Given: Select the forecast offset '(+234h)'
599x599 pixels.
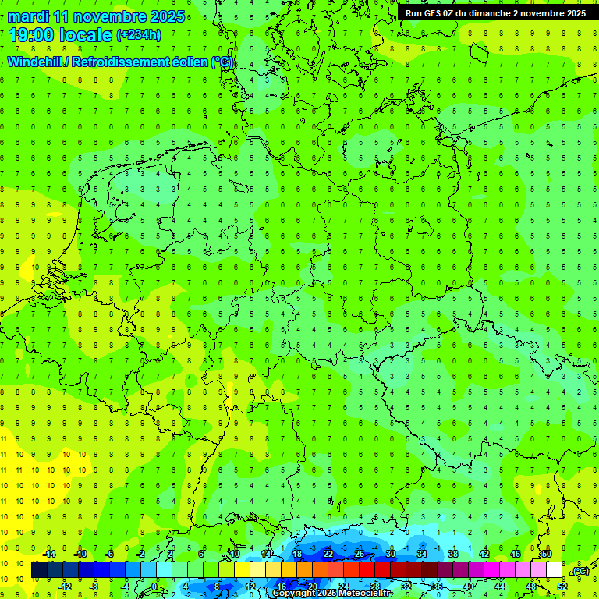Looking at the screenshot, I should pyautogui.click(x=139, y=34).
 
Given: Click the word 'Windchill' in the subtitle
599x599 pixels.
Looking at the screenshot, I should pyautogui.click(x=36, y=62).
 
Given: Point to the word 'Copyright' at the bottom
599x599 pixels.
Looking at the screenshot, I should pyautogui.click(x=293, y=594).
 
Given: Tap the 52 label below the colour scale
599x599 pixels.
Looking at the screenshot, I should pyautogui.click(x=562, y=587).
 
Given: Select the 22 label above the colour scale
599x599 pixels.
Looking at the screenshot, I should pyautogui.click(x=328, y=553).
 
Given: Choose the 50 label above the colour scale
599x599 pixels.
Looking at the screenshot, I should pyautogui.click(x=546, y=553).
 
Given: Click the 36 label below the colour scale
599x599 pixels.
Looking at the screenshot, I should pyautogui.click(x=437, y=587).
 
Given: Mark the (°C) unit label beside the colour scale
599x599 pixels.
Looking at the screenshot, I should pyautogui.click(x=580, y=571).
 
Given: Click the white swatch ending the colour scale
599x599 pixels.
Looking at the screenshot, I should pyautogui.click(x=554, y=570).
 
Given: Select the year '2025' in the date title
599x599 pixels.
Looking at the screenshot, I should pyautogui.click(x=167, y=16).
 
